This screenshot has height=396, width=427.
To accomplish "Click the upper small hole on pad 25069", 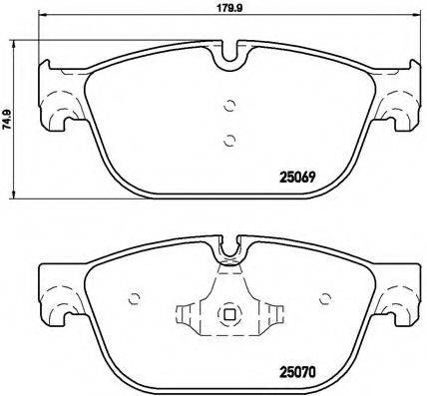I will point(228,108).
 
